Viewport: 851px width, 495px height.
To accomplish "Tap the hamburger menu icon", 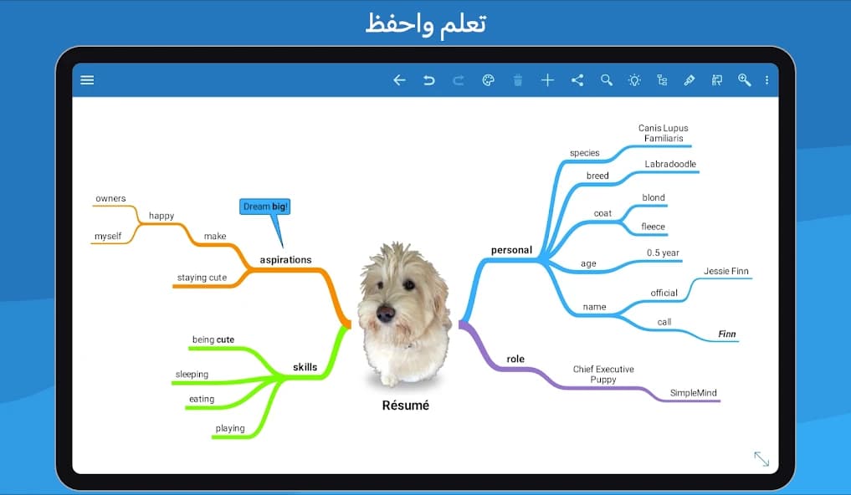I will (x=87, y=80).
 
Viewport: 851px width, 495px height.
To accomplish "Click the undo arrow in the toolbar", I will (x=429, y=80).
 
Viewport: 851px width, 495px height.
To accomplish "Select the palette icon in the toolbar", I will (x=489, y=80).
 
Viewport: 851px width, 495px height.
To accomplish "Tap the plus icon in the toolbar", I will (x=547, y=80).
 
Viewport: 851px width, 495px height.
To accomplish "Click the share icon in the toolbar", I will (x=577, y=80).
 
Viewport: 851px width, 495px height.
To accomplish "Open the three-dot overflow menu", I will (x=767, y=80).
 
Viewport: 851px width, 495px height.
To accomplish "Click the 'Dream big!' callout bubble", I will (x=265, y=207).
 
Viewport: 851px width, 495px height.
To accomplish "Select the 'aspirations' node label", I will (x=285, y=260).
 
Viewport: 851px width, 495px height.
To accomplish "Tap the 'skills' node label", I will (x=305, y=367).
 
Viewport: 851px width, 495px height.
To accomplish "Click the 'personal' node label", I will (x=511, y=250).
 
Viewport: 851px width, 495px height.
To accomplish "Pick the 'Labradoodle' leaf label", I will (x=670, y=164).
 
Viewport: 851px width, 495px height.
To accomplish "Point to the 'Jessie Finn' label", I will (x=726, y=271).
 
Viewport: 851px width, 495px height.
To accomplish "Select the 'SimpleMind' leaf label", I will (x=694, y=393).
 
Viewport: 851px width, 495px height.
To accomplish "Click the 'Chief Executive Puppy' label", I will (x=603, y=374).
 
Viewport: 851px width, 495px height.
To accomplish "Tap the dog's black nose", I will (x=386, y=314).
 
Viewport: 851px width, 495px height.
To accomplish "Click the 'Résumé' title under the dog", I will (x=405, y=406).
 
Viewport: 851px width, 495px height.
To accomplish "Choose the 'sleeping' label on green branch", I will (x=192, y=375).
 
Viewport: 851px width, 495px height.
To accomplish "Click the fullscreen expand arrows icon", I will (x=761, y=458).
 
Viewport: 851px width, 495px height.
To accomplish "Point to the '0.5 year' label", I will (x=663, y=253).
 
